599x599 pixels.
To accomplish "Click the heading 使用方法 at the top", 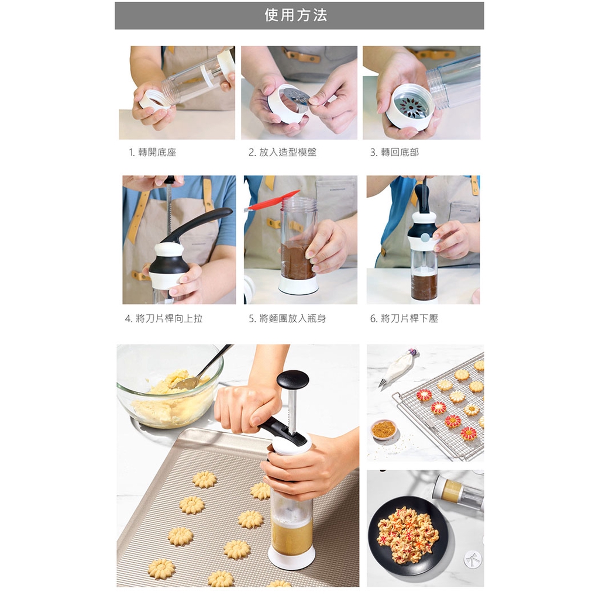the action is pos(295,15).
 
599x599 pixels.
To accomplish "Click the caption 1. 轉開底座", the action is pos(153,153).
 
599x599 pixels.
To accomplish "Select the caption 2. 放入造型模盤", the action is pos(283,153).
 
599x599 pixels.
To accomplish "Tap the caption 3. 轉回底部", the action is pos(394,153).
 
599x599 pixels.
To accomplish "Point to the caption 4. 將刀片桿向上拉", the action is pos(164,318).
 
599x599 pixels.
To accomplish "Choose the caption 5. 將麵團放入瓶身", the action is pos(287,318).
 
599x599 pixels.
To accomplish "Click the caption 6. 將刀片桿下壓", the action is pos(404,318).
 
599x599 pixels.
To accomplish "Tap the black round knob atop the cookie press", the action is pos(292,379).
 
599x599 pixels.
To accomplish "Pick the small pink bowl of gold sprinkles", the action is pos(384,429).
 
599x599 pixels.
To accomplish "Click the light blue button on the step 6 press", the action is pos(425,239).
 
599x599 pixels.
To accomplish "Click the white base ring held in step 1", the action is pos(152,101).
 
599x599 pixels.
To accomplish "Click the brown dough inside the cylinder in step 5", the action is pos(298,259).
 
